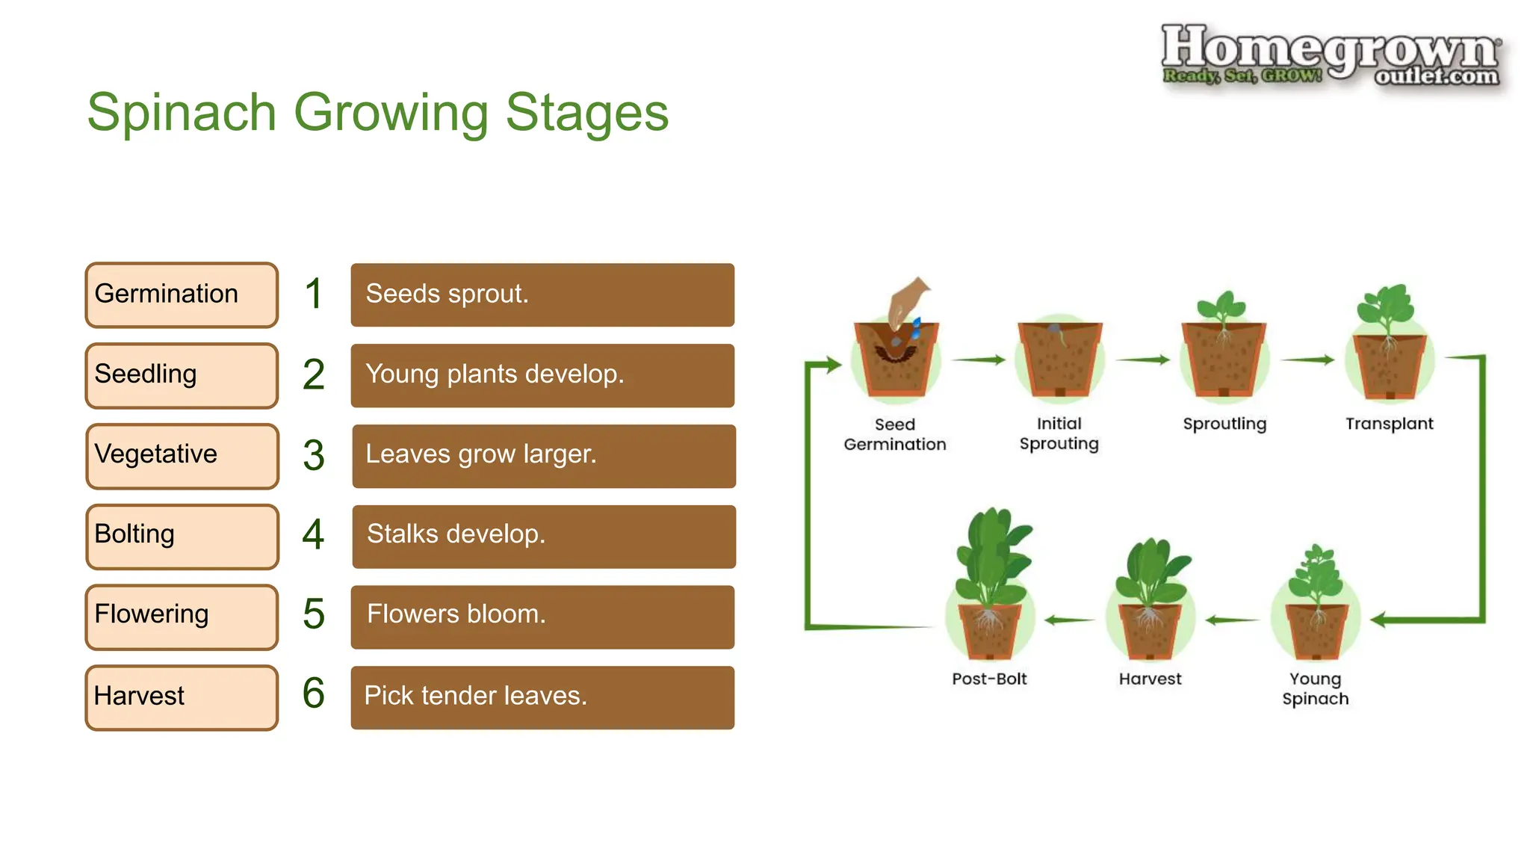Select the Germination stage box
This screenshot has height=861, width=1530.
click(182, 294)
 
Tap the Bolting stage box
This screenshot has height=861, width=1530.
click(182, 536)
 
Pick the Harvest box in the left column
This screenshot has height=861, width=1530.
click(182, 697)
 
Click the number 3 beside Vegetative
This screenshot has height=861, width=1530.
click(314, 455)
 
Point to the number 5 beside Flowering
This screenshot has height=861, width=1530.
click(314, 614)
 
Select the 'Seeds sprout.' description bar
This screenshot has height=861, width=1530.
click(542, 294)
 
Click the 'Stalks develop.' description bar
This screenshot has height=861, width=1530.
click(544, 536)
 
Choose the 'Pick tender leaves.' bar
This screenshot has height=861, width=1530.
click(542, 697)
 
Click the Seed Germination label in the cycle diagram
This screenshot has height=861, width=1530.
click(894, 434)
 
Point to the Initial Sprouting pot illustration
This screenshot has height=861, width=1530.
click(1059, 358)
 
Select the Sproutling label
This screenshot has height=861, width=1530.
click(1224, 424)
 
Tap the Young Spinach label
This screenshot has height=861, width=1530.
click(1316, 688)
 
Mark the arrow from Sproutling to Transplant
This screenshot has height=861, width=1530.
click(1307, 359)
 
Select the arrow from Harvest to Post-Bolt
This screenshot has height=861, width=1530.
click(1069, 620)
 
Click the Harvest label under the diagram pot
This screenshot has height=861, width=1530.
click(1150, 679)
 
